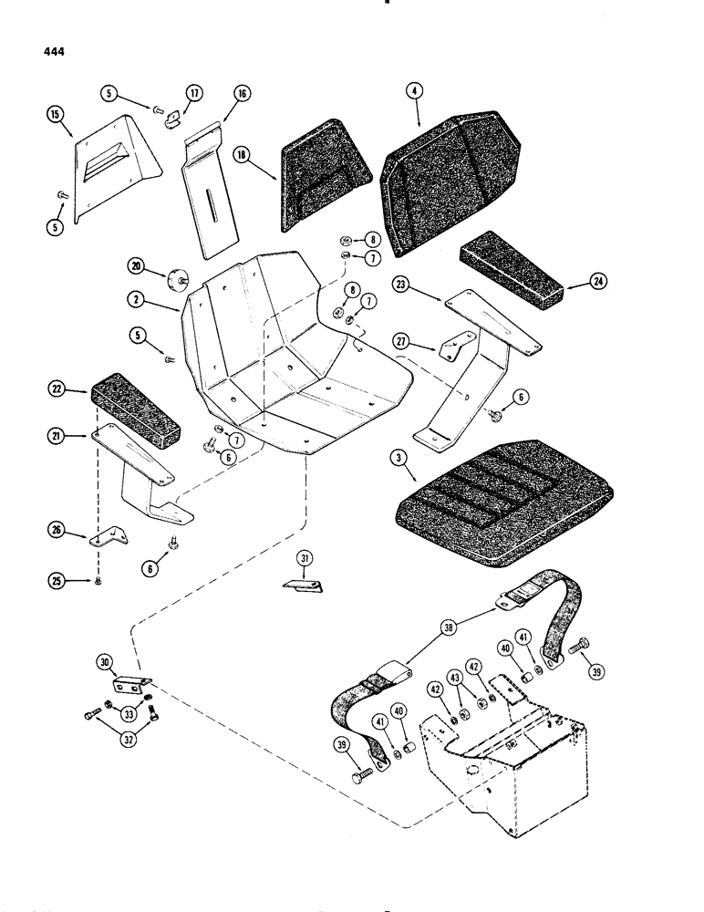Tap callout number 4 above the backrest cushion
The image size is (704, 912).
coord(417,92)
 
